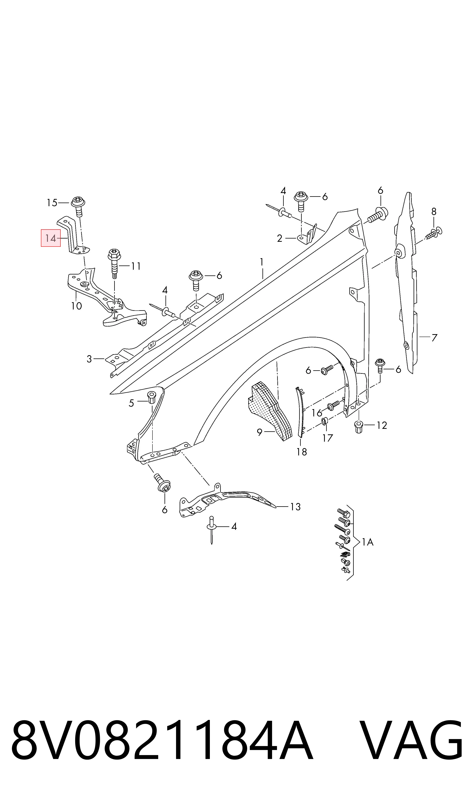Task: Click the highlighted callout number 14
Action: click(x=51, y=238)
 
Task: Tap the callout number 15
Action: click(x=52, y=203)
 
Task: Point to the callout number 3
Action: click(x=89, y=359)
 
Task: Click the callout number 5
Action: click(x=131, y=403)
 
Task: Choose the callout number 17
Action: click(x=328, y=438)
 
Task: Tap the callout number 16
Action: click(x=317, y=413)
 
